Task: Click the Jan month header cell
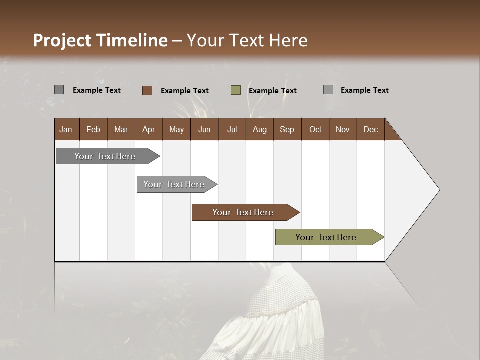point(66,129)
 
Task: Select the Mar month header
point(121,129)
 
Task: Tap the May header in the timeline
point(176,129)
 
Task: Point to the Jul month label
point(232,129)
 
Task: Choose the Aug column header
point(259,129)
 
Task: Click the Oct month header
point(315,129)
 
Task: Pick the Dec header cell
point(370,129)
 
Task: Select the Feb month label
point(93,129)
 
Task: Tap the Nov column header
point(342,129)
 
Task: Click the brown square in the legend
point(147,90)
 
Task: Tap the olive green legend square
point(236,90)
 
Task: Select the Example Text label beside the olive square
point(272,91)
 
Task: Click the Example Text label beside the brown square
point(184,91)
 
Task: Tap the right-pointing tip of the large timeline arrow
point(438,190)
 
